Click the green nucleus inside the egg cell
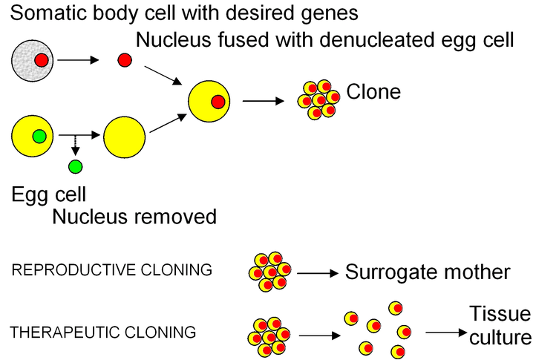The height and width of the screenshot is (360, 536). [x=39, y=137]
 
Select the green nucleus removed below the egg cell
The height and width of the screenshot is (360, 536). [x=75, y=167]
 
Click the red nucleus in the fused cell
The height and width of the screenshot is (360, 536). [x=218, y=102]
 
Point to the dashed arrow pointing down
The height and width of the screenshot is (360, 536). [x=74, y=146]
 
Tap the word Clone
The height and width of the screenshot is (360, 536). [x=373, y=92]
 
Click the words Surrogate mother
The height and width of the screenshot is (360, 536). [x=428, y=272]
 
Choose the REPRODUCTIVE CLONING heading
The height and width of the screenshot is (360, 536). [x=112, y=270]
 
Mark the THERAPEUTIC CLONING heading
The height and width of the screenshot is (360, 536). [x=104, y=333]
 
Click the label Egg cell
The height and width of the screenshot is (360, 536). [x=49, y=195]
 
